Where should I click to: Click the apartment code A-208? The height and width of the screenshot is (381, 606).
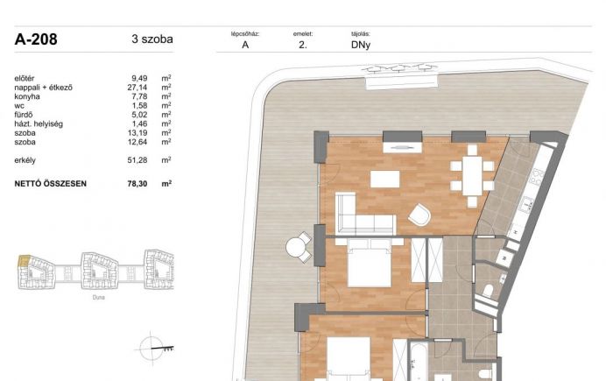(x=36, y=39)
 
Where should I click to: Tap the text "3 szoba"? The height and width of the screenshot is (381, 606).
(x=152, y=39)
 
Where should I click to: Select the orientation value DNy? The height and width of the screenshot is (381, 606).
(x=361, y=45)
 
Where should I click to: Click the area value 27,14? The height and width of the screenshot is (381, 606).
(x=137, y=88)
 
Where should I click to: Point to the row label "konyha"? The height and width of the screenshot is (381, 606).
(x=27, y=96)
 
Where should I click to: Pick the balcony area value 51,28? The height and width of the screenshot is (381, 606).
(x=137, y=160)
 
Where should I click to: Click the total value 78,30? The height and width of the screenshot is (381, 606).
(x=137, y=184)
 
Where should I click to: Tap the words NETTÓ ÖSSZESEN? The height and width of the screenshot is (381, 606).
(x=50, y=184)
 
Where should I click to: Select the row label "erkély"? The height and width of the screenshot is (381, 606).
(x=25, y=160)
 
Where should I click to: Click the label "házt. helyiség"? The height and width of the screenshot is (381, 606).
(x=39, y=124)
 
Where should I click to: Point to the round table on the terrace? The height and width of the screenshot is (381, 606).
(x=296, y=247)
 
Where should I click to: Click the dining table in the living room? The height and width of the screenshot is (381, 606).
(x=472, y=175)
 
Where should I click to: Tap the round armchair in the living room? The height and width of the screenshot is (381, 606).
(x=419, y=215)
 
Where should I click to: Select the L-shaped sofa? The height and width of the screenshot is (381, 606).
(x=364, y=214)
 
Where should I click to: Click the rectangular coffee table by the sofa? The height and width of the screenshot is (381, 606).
(x=385, y=179)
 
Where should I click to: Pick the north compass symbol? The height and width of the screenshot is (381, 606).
(x=151, y=349)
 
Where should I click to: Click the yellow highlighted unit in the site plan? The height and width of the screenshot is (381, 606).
(x=24, y=261)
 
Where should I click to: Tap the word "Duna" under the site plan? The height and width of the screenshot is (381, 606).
(x=99, y=297)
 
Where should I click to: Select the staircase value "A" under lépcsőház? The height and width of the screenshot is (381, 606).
(x=245, y=45)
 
